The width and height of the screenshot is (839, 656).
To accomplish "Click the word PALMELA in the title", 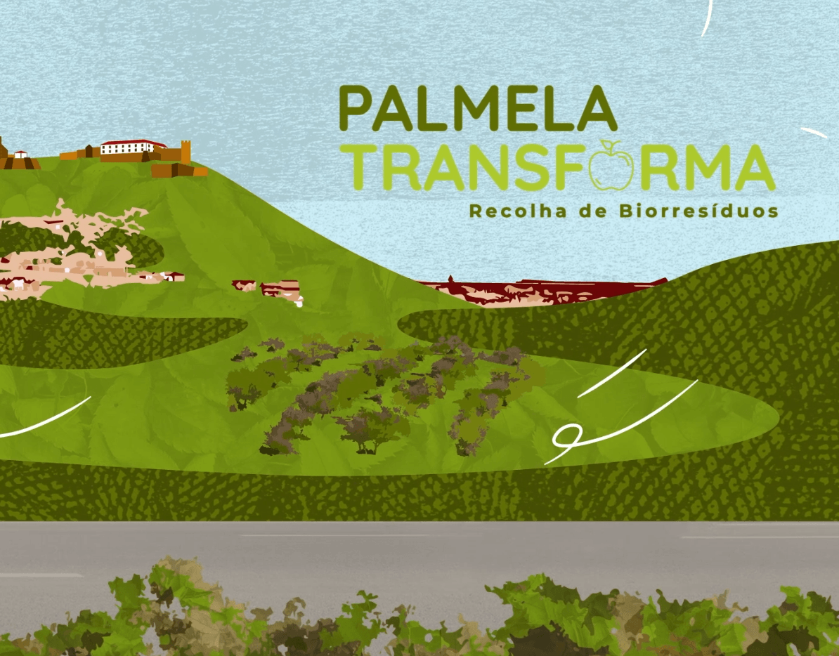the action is click(478, 109).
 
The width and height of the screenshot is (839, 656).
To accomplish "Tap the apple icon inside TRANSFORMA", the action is click(611, 167).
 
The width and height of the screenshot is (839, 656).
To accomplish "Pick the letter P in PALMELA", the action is click(356, 109).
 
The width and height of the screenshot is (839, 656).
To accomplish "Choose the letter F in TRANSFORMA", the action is click(571, 169).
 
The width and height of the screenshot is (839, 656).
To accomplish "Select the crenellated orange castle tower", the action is click(186, 151).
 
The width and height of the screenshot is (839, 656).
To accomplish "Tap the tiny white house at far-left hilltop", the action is click(20, 154).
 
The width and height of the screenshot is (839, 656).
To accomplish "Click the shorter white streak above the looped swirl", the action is click(611, 374).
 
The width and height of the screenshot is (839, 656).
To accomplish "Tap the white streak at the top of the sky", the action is click(707, 18).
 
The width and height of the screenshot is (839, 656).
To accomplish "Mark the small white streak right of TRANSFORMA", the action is click(814, 132).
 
